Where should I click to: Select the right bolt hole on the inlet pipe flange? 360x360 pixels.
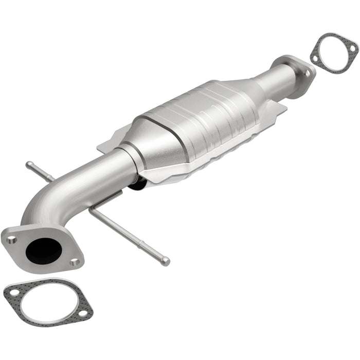(x=75, y=262)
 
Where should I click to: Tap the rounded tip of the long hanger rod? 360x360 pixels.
(x=166, y=261)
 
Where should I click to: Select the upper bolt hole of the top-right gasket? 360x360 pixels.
(x=353, y=47)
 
